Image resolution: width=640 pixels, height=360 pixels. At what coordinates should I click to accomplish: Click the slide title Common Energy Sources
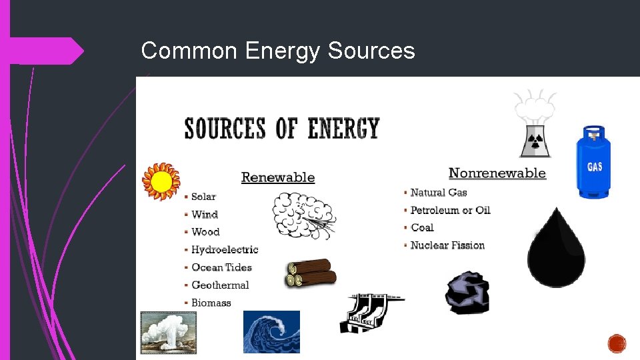tap(278, 51)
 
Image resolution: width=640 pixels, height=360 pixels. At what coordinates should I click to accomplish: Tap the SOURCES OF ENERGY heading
tap(282, 128)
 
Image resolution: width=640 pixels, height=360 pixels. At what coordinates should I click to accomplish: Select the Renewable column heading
tap(277, 177)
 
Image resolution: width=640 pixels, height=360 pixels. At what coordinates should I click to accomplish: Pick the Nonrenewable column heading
tap(497, 173)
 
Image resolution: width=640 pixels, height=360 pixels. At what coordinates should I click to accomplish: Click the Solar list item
tap(203, 197)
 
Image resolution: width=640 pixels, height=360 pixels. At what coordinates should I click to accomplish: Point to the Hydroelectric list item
tap(224, 250)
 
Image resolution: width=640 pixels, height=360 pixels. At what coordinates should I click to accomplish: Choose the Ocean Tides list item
tap(221, 267)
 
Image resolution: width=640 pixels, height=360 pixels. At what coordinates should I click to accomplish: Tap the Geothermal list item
tap(220, 285)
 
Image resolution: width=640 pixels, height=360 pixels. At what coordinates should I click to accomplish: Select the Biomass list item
tap(211, 303)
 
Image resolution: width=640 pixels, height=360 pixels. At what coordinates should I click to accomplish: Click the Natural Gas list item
tap(438, 193)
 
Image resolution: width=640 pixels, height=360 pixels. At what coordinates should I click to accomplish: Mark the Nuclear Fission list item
tap(447, 245)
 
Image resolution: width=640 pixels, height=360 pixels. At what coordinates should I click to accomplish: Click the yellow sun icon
tap(161, 181)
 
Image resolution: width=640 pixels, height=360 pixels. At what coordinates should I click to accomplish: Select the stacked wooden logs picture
tap(311, 273)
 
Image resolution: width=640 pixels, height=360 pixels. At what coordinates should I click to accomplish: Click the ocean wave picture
tap(271, 331)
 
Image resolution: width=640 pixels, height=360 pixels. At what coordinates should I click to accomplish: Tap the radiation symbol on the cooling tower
tap(535, 141)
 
